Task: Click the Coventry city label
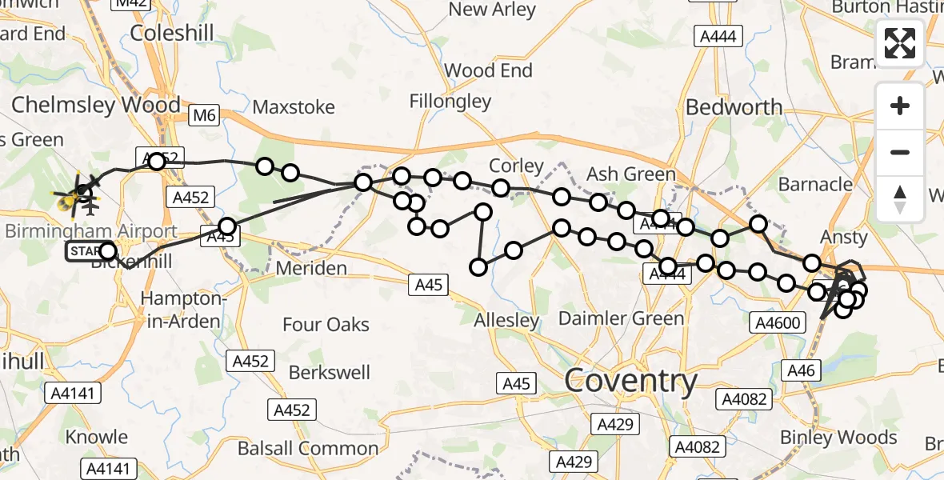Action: click(x=631, y=381)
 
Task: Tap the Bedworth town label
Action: click(x=734, y=107)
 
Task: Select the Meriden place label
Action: click(x=311, y=268)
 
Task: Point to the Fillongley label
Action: click(x=450, y=101)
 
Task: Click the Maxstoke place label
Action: click(x=294, y=107)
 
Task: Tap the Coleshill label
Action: click(x=172, y=33)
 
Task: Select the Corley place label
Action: click(x=517, y=166)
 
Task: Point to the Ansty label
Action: click(x=844, y=237)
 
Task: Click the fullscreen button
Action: click(x=900, y=43)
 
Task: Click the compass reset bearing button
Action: click(x=900, y=198)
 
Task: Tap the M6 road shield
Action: click(x=204, y=116)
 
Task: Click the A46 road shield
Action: click(x=801, y=370)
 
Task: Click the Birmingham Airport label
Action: click(x=91, y=231)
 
